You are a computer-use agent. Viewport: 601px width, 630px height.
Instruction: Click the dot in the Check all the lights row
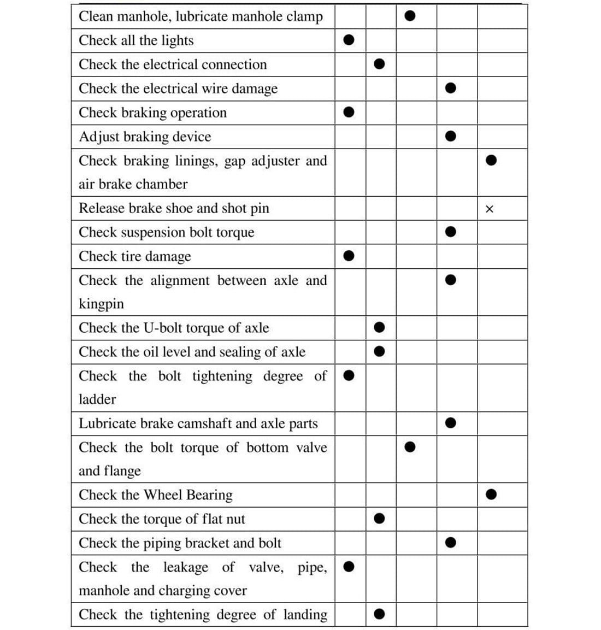(349, 40)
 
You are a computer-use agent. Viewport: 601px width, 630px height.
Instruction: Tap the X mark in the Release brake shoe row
(490, 209)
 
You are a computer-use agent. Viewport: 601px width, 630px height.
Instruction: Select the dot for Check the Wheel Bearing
(491, 494)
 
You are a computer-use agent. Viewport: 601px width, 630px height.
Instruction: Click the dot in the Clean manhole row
(410, 16)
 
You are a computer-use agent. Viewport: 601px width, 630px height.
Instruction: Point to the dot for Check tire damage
(349, 256)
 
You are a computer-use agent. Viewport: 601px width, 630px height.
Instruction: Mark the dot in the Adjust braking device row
(451, 136)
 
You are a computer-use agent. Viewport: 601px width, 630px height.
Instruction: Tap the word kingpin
(101, 304)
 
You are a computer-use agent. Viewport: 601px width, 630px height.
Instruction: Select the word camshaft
(205, 423)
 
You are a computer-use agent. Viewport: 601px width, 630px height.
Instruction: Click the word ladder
(97, 399)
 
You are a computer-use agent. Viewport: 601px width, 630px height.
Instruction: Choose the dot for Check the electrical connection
(380, 64)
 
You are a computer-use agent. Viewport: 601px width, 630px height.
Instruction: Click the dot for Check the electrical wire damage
(451, 88)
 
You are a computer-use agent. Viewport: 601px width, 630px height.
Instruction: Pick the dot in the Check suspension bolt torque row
(451, 232)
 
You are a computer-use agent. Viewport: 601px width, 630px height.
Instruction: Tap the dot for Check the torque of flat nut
(380, 518)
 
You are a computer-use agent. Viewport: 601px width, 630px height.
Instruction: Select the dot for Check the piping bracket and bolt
(451, 543)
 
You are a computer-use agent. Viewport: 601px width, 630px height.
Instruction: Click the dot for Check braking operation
(349, 112)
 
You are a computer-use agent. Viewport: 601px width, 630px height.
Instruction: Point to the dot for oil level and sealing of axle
(380, 351)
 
